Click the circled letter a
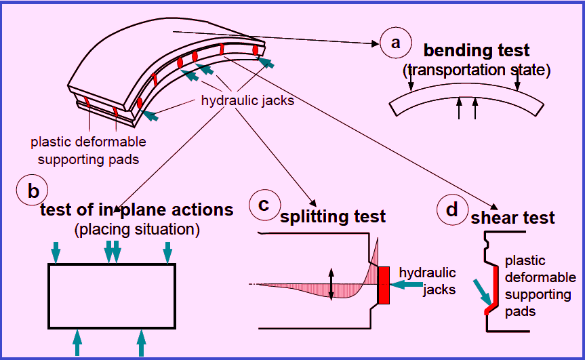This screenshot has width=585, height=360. pos(395,43)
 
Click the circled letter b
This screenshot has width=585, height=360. pos(32,191)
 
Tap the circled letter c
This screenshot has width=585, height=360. pos(264,205)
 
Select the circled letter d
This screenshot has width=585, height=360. pos(452,209)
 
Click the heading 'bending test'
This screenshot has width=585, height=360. pos(477,50)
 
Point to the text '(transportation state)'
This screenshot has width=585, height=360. pos(477,70)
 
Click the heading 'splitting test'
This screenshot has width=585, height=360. pos(333,216)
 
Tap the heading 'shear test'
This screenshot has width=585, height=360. pos(512,218)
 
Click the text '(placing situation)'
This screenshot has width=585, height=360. pos(137,229)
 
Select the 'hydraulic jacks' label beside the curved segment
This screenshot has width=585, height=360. pos(247,100)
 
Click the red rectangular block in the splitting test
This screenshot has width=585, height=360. pos(384,285)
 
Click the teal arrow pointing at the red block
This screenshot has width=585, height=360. pos(406,285)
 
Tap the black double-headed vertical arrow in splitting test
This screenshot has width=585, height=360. pos(331,284)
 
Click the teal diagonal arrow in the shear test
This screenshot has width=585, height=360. pos(483,293)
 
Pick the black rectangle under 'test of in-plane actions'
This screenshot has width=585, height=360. pos(112,264)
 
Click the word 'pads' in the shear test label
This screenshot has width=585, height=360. pos(520,312)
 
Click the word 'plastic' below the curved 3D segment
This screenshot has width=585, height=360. pos(50,142)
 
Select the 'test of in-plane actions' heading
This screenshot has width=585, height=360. pos(136,209)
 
